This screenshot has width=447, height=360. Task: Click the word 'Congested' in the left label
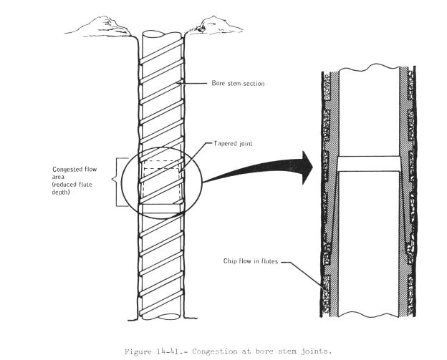69,170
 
